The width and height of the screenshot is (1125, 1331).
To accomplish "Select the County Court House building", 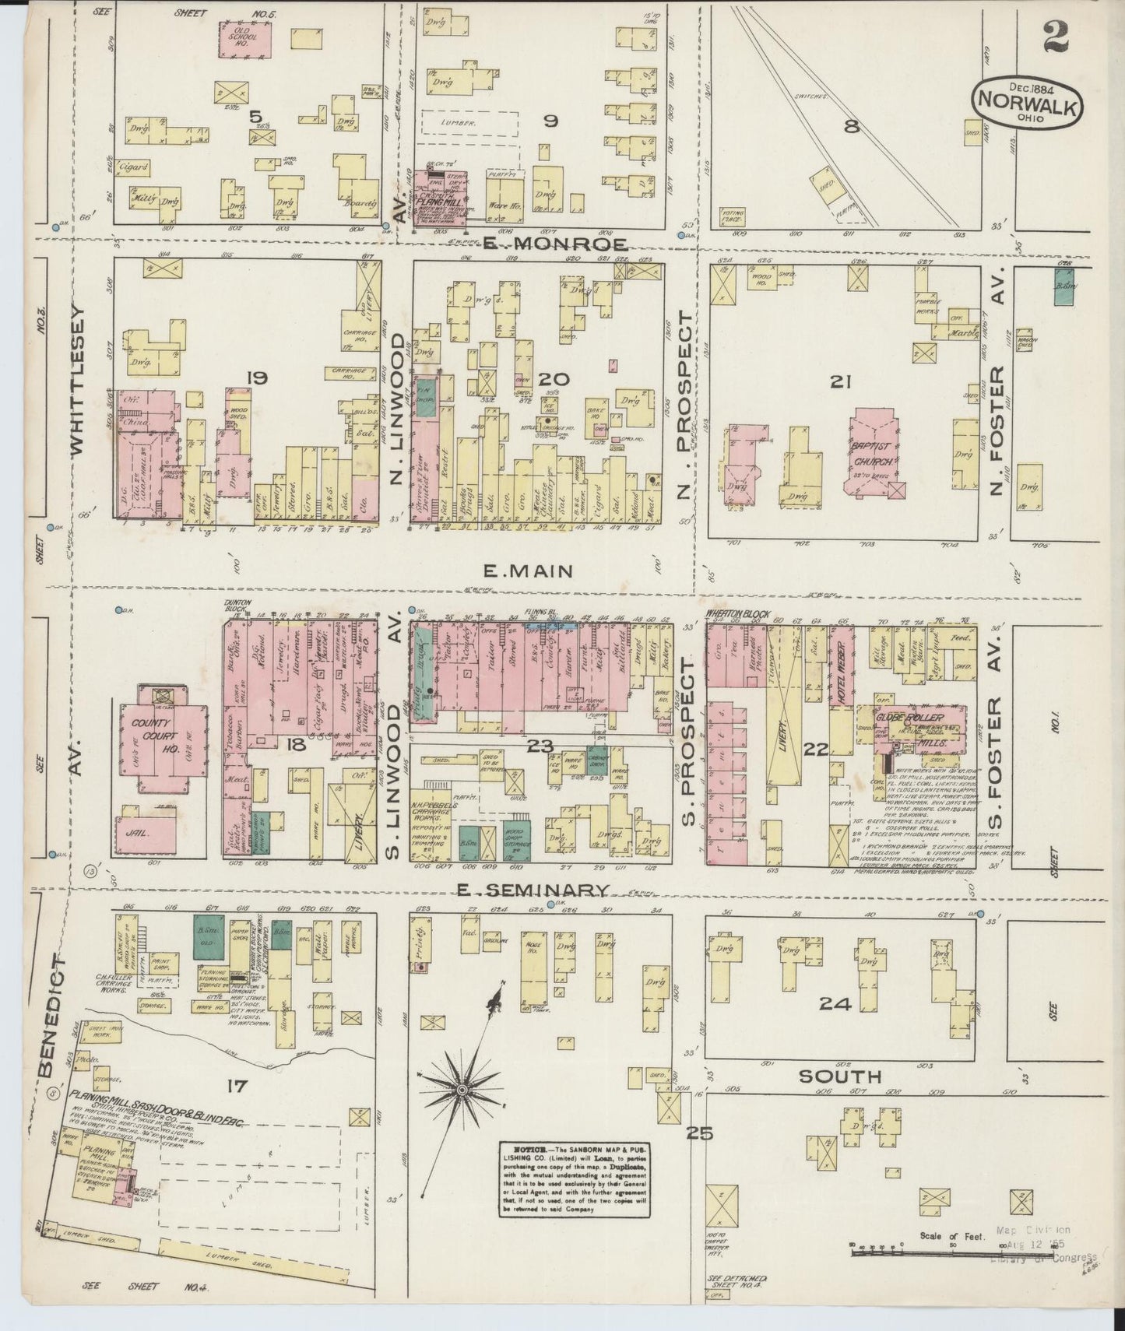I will point(163,736).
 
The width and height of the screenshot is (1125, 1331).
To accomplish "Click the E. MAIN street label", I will point(529,571).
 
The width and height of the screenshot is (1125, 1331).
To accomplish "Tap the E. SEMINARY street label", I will point(543,890).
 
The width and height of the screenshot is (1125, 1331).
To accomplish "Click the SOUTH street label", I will point(840,1076).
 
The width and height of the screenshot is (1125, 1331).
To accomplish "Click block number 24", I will point(835,1004).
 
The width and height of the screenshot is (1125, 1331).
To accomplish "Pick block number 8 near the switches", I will point(852,126).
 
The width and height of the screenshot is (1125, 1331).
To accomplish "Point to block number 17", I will point(237,1086).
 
